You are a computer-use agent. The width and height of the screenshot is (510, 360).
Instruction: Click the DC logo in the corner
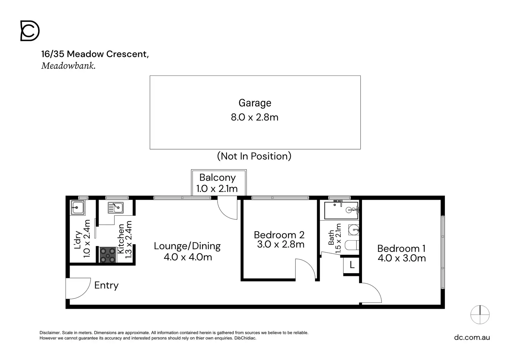[30, 31]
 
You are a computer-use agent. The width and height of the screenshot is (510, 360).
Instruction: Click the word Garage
[255, 103]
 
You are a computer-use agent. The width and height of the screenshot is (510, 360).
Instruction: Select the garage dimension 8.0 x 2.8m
[255, 117]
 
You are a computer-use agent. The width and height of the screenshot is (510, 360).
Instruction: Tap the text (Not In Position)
[254, 156]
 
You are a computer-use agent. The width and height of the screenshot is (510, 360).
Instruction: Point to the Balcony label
[218, 178]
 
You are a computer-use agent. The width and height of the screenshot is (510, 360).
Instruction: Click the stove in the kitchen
[108, 255]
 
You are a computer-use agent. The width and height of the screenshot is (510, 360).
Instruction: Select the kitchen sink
[116, 208]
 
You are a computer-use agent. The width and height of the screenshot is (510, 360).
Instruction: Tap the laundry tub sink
[77, 207]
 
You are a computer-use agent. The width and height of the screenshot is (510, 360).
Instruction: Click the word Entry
[106, 286]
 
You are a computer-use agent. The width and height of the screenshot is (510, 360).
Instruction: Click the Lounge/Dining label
[187, 246]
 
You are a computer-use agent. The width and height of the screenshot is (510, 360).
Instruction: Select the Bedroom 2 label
[279, 235]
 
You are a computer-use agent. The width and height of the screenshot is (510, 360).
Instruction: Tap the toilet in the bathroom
[352, 245]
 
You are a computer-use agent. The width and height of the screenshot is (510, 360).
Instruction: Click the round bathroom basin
[354, 230]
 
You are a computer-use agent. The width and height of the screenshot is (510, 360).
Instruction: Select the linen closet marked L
[352, 265]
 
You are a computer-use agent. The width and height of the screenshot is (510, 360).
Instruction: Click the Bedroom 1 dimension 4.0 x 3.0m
[402, 258]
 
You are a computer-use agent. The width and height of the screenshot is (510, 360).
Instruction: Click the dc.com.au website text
[472, 337]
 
